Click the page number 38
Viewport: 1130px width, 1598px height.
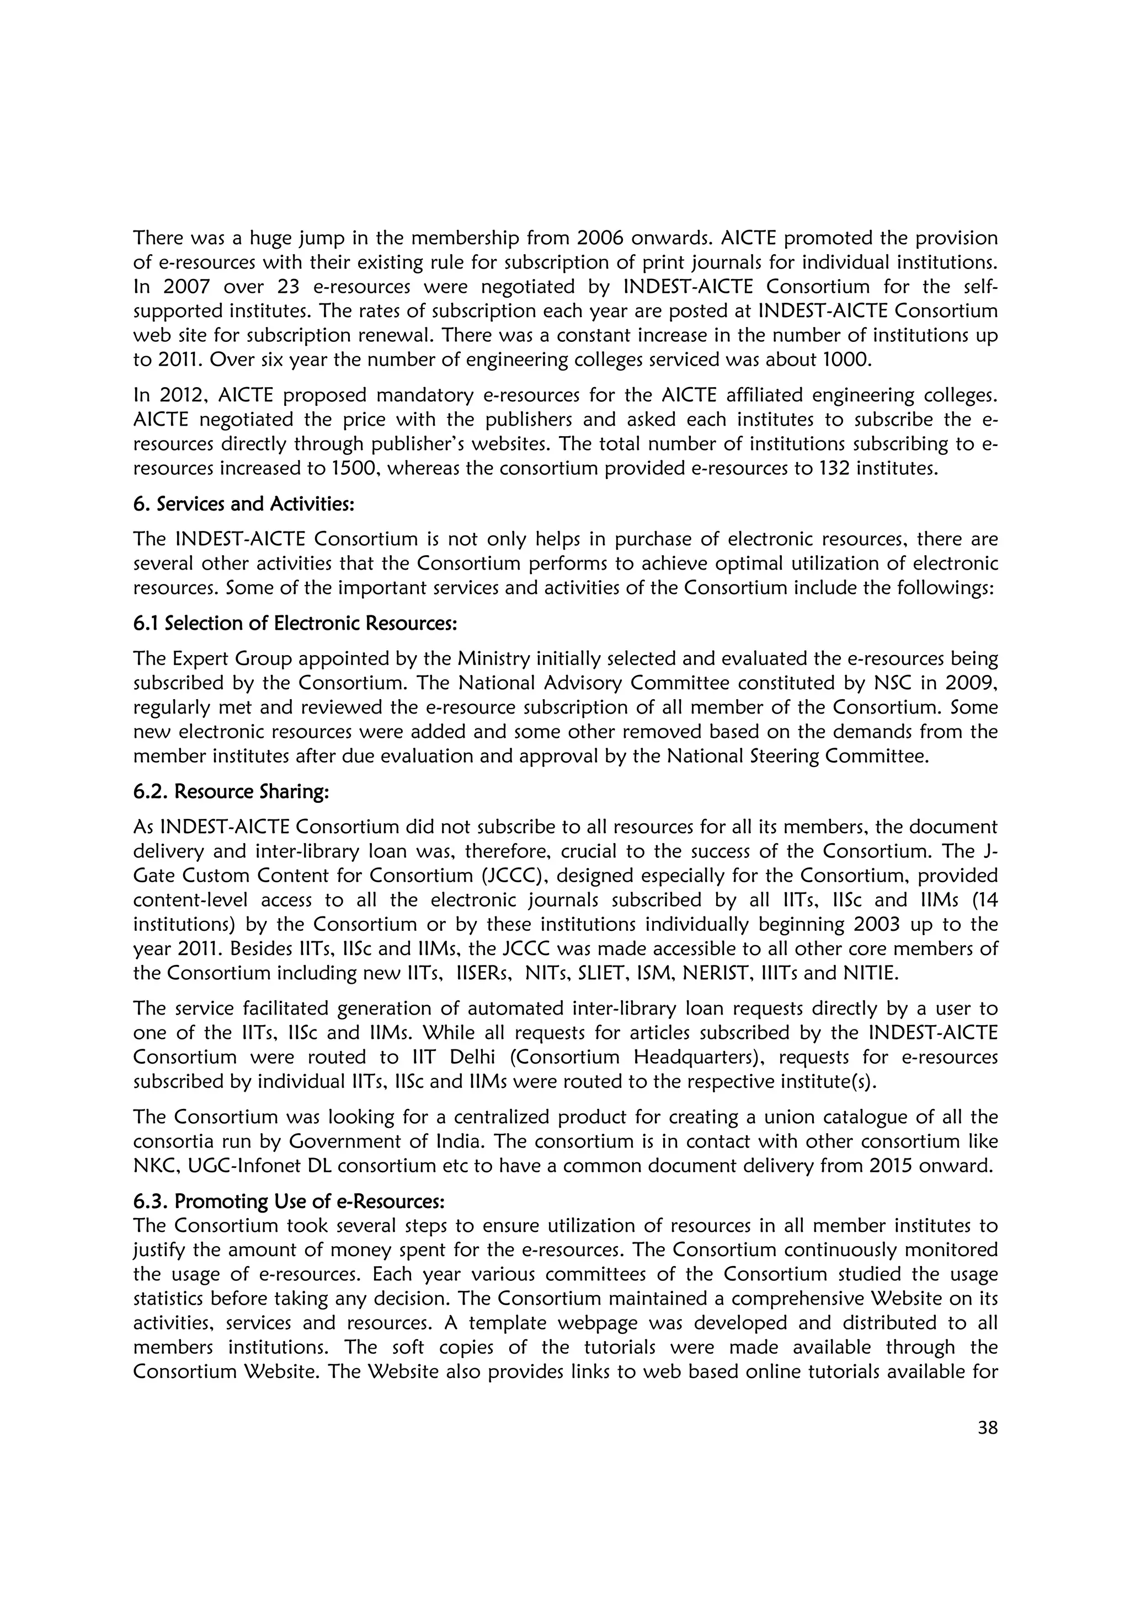(x=987, y=1428)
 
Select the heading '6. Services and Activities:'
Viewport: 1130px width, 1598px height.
(x=244, y=504)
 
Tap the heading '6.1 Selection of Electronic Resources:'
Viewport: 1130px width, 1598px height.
(x=295, y=623)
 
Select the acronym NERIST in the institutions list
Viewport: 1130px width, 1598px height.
(x=718, y=973)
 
